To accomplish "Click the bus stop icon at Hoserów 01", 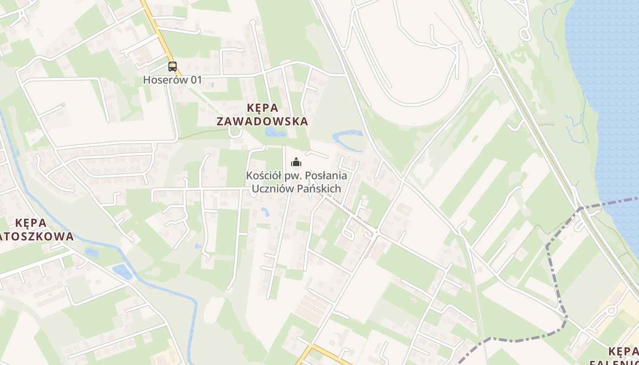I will tap(172, 67).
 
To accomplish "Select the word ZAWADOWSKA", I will tap(262, 121).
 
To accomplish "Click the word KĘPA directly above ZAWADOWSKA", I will tap(262, 108).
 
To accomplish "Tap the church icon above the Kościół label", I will tap(296, 162).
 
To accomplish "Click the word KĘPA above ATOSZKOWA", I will tap(31, 223).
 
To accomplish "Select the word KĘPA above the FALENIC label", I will tap(623, 351).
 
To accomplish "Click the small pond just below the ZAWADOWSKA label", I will tap(275, 132).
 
